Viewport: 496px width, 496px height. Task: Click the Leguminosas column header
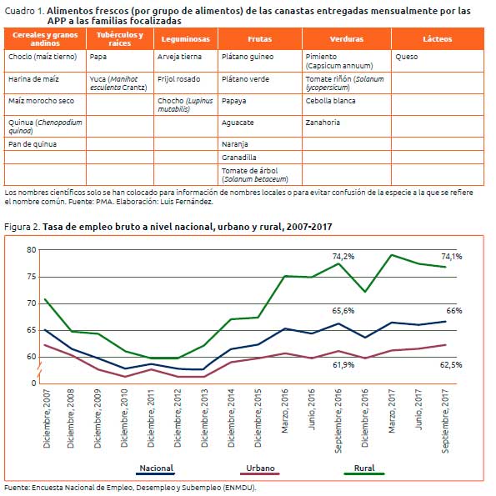coord(186,39)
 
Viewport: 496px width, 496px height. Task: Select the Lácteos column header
coord(437,39)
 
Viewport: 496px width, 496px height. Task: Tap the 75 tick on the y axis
coord(32,277)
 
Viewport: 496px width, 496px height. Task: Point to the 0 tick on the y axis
coord(34,383)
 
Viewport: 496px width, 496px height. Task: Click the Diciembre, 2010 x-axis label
coord(124,418)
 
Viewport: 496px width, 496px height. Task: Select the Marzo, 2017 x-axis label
coord(392,411)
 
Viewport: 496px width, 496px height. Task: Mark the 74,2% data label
coord(343,256)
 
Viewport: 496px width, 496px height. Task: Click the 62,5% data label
coord(451,365)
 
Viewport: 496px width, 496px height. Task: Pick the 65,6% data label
coord(343,311)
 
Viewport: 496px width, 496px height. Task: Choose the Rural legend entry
coord(364,469)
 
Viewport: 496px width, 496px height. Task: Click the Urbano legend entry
coord(260,469)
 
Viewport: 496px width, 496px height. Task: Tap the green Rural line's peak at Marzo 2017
coord(392,254)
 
